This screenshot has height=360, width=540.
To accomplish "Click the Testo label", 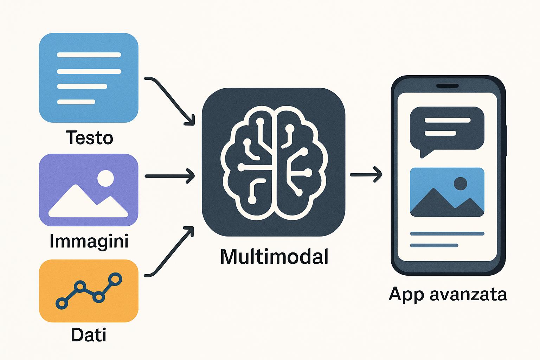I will click(89, 137).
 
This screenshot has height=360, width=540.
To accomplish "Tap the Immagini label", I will click(89, 241).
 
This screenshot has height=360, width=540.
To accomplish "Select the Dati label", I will click(89, 335).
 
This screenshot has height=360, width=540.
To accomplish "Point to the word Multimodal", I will click(274, 256).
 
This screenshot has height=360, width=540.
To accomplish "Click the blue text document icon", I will click(89, 78).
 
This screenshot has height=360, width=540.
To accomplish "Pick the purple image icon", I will click(89, 190).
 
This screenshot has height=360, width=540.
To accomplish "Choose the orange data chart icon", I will click(89, 291).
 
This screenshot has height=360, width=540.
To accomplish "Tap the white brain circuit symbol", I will click(274, 162).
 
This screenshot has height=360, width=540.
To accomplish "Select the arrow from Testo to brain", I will click(171, 100).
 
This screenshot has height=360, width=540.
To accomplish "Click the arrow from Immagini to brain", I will click(169, 176).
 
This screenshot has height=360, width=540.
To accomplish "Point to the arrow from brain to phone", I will click(366, 174).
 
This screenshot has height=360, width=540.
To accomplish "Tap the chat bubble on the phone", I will click(447, 129).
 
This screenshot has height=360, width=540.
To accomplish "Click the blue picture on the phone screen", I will click(447, 192).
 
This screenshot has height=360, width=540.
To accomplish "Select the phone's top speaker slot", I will click(448, 86).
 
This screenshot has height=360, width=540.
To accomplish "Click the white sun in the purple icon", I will click(105, 178).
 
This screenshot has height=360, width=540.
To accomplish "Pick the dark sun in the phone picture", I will click(461, 184).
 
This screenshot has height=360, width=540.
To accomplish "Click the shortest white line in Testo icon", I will click(76, 102).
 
